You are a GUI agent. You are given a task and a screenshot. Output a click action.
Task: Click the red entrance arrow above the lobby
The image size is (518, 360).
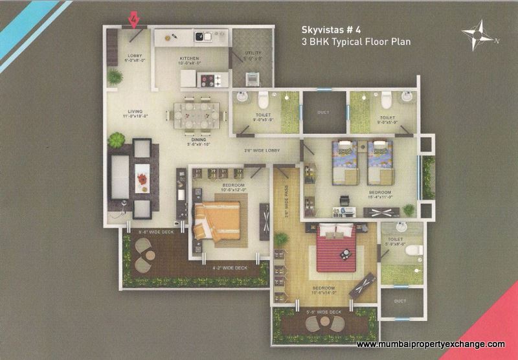(135, 21)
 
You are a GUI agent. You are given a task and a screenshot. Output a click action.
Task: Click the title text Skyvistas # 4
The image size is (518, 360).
(330, 29)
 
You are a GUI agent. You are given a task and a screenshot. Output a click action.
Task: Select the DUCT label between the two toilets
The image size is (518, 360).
(324, 112)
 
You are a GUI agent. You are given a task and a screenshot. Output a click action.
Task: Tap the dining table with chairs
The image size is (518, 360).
(194, 115)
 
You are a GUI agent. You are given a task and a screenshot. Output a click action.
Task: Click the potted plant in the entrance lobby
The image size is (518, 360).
(115, 77)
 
